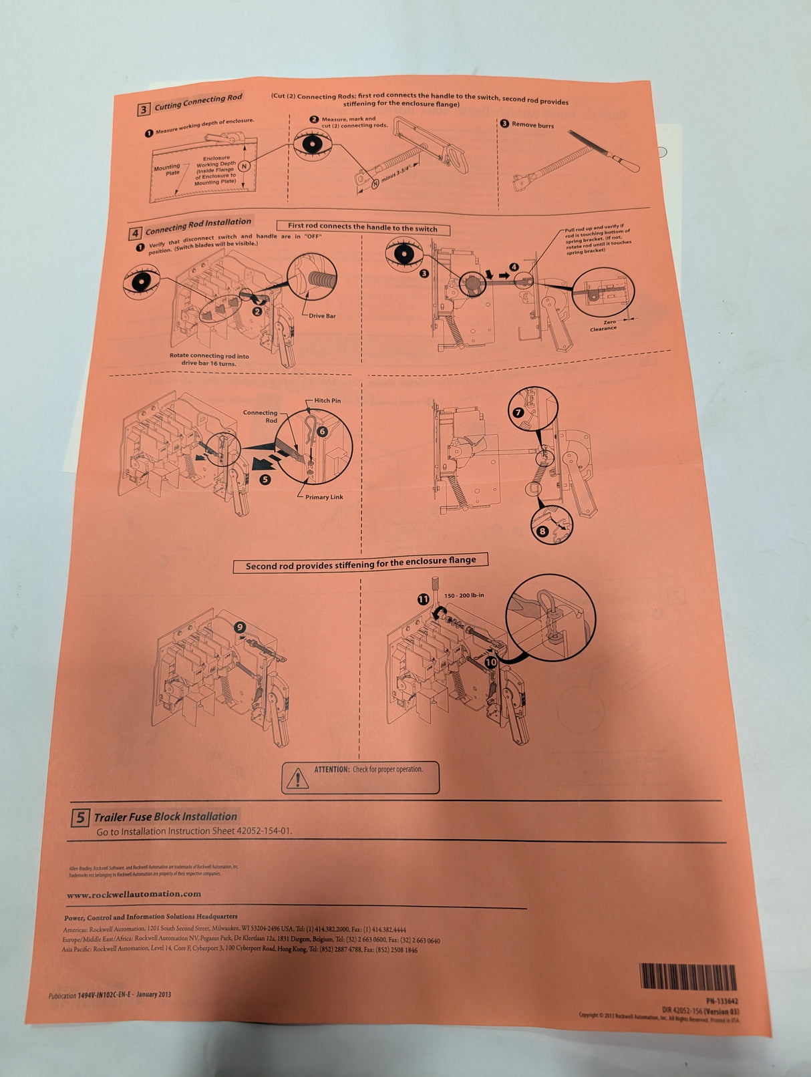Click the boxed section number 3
coord(144,110)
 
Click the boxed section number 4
coord(136,233)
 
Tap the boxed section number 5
coord(80,817)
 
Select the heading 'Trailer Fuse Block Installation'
coord(165,816)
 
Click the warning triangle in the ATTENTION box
coord(295,778)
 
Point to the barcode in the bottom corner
coord(687,976)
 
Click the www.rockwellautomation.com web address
coord(134,894)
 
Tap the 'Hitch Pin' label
coord(327,401)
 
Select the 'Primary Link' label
coord(324,497)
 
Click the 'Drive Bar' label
coord(322,316)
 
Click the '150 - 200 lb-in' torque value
coord(464,595)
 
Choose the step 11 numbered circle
coord(424,599)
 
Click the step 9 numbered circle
coord(240,627)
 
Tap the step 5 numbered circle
coord(265,479)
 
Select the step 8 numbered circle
coord(542,531)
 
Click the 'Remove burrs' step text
coord(532,125)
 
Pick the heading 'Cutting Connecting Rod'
coord(198,102)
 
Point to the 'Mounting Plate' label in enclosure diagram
coord(167,170)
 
